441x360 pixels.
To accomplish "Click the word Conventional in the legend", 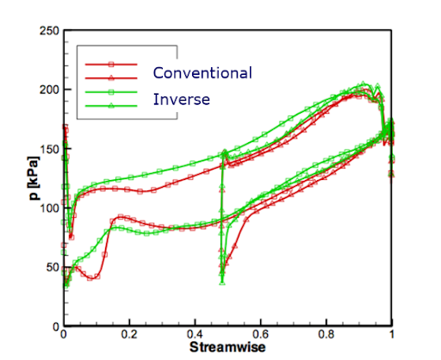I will tap(202, 72).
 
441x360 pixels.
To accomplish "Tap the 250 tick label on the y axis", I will tap(49, 31).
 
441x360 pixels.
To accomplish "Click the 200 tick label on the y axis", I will tap(49, 90).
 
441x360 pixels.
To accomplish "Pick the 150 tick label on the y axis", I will tap(49, 149).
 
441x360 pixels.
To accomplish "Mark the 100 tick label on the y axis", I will tap(49, 208).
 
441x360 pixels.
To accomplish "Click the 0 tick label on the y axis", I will tap(56, 326).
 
